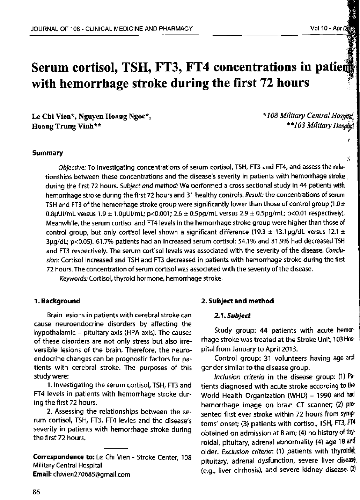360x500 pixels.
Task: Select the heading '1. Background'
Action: coord(57,301)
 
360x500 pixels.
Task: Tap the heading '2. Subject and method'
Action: coord(237,301)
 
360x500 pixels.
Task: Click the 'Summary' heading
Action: coord(48,153)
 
